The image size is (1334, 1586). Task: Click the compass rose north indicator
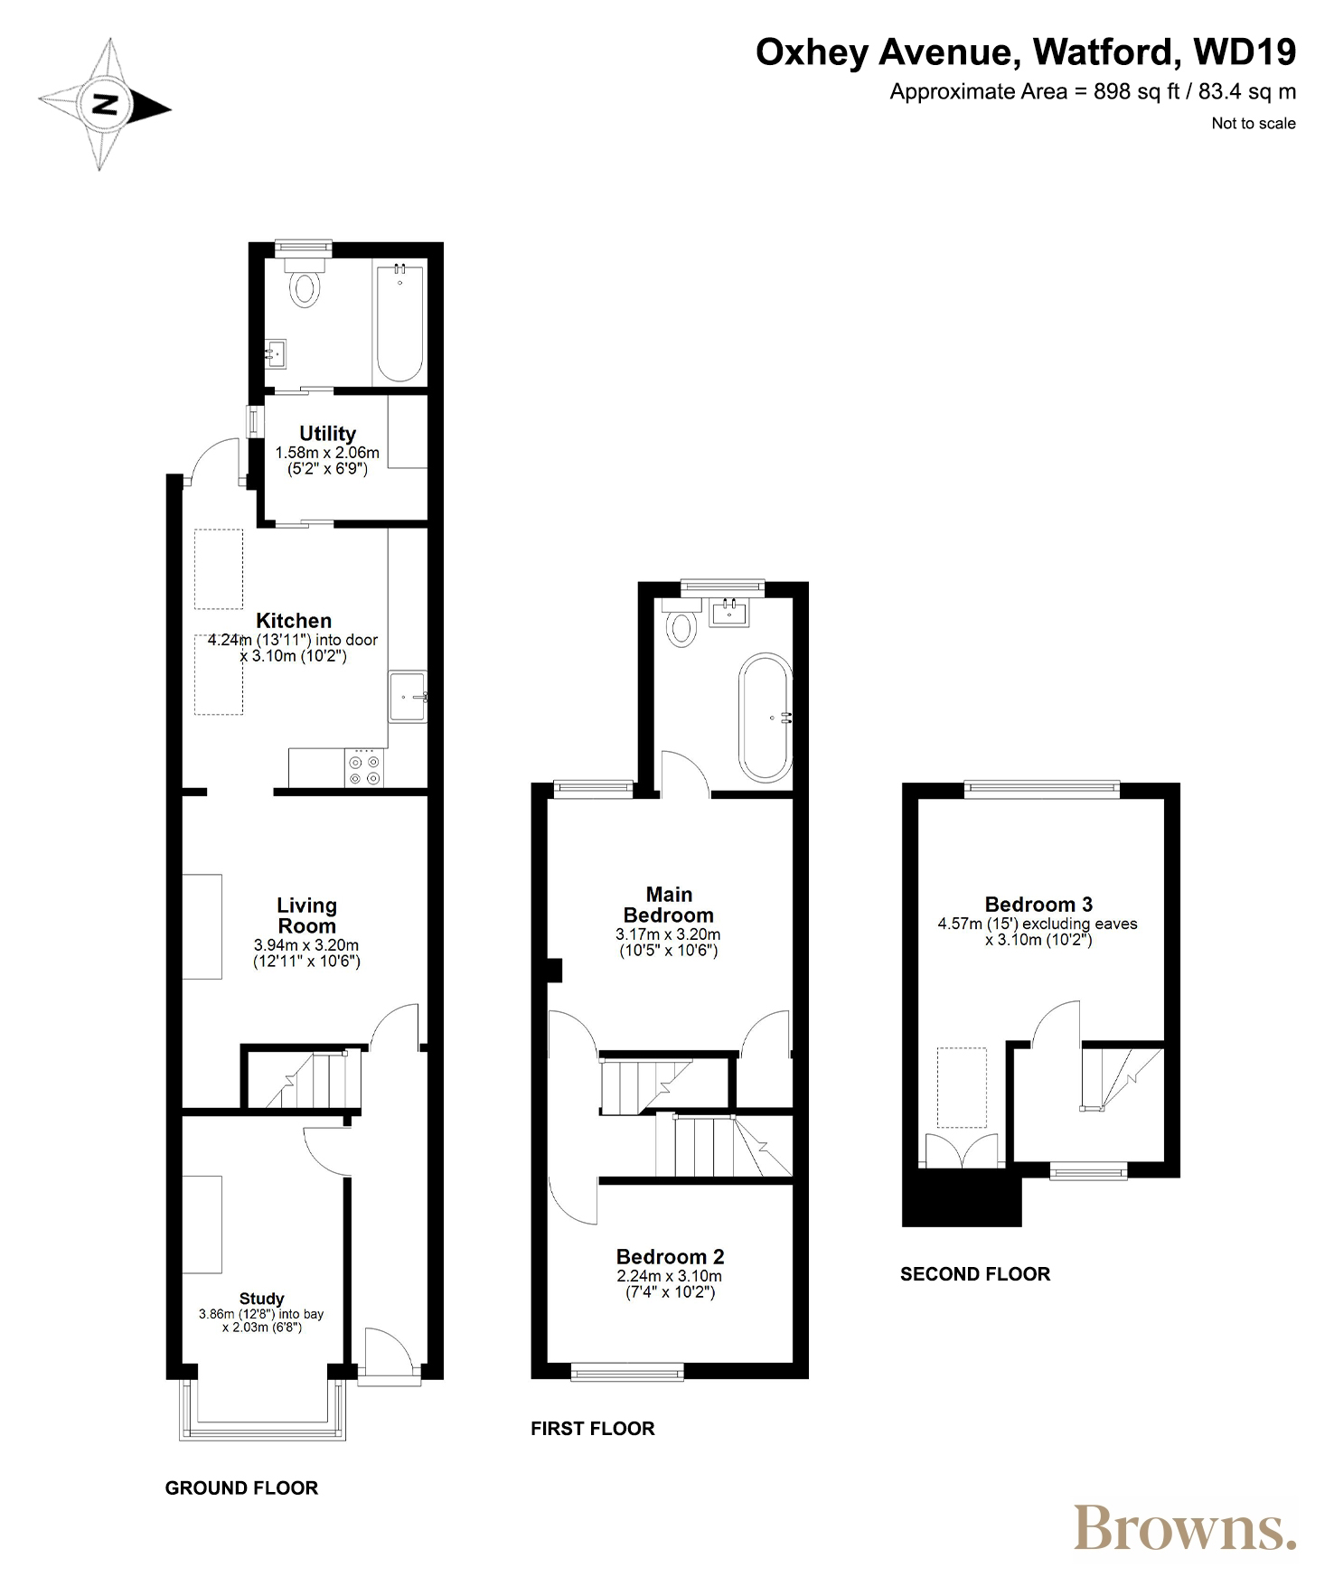pos(105,105)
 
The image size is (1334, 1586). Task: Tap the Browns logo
pos(1185,1528)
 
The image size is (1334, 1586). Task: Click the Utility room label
pos(327,434)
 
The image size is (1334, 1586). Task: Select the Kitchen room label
pos(294,621)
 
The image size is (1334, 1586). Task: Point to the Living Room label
pos(307,915)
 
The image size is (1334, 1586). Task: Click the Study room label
pos(261,1299)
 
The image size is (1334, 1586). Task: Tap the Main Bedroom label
pos(669,905)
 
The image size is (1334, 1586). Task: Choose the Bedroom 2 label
pos(670,1257)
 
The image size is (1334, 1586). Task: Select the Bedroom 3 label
pos(1038,905)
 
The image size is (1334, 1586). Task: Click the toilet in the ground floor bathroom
pos(305,283)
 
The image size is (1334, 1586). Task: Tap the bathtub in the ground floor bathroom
pos(399,323)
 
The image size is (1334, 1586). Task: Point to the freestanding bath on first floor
pos(766,718)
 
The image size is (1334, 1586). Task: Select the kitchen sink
pos(408,697)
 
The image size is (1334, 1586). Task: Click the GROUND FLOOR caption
pos(241,1488)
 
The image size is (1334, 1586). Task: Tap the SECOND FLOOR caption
pos(975,1274)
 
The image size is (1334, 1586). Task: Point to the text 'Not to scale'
pos(1254,124)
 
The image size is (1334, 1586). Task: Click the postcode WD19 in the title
pos(1245,52)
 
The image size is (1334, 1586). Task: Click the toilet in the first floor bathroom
pos(681,621)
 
